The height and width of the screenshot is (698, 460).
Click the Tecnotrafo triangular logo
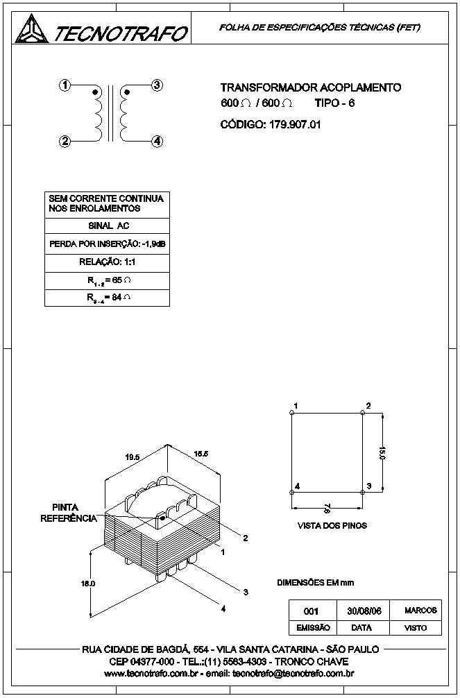[x=32, y=28]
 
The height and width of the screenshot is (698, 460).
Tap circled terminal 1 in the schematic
[x=65, y=85]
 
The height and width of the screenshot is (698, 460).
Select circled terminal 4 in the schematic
[x=157, y=142]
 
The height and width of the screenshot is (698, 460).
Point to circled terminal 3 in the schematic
[x=157, y=85]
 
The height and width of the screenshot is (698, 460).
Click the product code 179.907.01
[x=295, y=125]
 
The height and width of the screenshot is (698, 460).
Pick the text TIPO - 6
[x=335, y=103]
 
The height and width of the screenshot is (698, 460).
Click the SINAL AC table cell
[x=108, y=226]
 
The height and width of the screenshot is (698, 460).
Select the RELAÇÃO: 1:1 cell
[x=108, y=262]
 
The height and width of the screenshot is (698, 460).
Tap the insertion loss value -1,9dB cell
[x=108, y=244]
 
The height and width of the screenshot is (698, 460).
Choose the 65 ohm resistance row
[x=108, y=280]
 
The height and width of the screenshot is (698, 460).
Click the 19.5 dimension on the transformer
[x=133, y=457]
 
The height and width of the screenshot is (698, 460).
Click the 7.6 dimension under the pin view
[x=327, y=508]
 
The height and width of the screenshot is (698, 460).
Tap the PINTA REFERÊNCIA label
[x=69, y=513]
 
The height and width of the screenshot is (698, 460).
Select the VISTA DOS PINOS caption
[x=332, y=526]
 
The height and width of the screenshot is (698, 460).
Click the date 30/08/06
[x=364, y=611]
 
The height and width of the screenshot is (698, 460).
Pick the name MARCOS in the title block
[x=421, y=611]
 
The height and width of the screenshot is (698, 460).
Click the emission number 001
[x=311, y=612]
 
